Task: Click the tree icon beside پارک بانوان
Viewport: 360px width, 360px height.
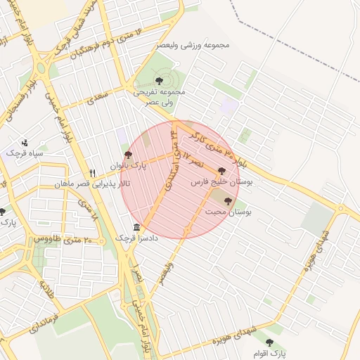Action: pos(127,155)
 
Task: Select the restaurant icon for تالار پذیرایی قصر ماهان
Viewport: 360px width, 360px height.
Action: pos(92,173)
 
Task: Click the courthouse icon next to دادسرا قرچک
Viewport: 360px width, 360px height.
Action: pos(136,227)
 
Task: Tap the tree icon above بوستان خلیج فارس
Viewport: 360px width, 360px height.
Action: pos(222,170)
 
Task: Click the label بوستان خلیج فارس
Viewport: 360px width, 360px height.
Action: pos(222,181)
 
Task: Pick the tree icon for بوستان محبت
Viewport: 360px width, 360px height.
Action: pos(228,200)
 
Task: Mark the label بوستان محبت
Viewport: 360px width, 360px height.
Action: pos(228,211)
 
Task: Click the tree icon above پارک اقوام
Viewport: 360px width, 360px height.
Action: pos(269,342)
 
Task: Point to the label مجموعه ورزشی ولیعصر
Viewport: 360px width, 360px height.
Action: pos(195,46)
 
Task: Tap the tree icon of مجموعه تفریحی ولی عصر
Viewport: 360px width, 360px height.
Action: pos(159,81)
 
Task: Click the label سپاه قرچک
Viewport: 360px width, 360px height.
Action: pos(25,153)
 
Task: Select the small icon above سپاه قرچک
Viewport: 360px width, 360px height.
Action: pos(25,142)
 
